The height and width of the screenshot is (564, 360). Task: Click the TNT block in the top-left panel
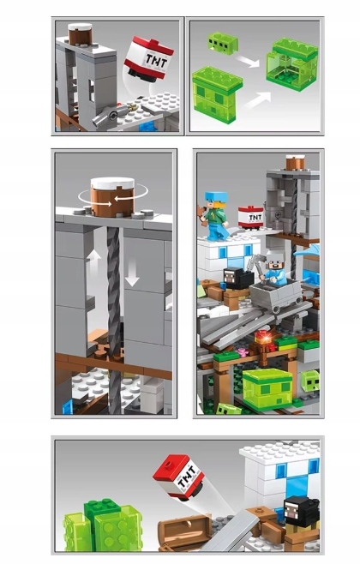[x=148, y=58]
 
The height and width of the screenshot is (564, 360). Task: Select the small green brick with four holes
[x=222, y=43]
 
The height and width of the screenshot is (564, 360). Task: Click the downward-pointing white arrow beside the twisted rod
[x=132, y=274]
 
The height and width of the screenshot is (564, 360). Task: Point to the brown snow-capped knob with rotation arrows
[x=112, y=197]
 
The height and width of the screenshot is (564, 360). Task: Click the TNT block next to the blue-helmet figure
[x=251, y=217]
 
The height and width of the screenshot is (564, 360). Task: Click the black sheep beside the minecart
[x=237, y=278]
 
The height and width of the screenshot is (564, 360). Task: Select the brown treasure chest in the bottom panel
[x=185, y=531]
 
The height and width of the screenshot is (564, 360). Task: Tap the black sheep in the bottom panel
[x=301, y=512]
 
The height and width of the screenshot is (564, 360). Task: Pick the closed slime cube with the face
[x=218, y=94]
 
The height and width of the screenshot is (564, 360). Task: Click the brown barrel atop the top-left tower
[x=81, y=34]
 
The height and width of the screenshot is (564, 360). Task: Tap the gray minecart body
[x=276, y=292]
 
